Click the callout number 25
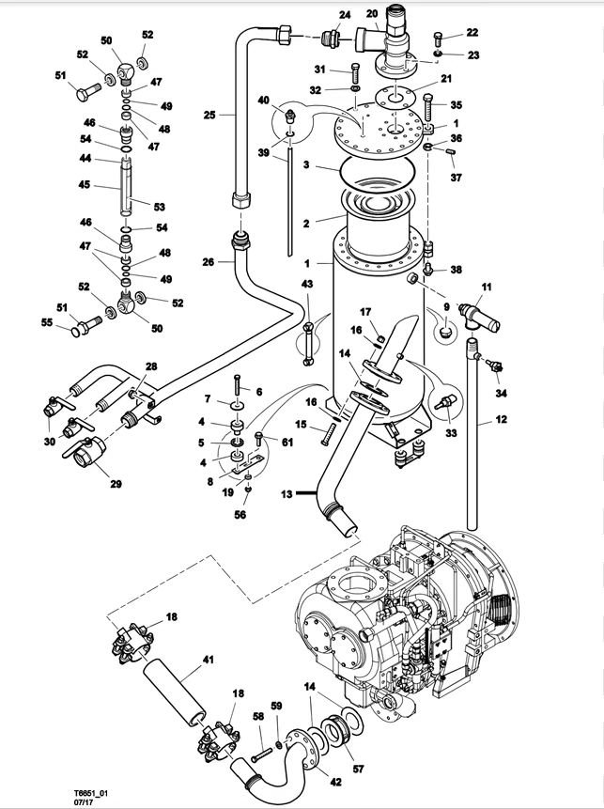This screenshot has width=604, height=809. coord(209,115)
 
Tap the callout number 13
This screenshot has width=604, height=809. coord(287,493)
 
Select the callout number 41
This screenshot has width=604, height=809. coord(209,660)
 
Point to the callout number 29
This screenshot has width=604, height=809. coord(116,484)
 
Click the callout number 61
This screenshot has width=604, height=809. coord(287,443)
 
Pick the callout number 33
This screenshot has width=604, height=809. coord(451,433)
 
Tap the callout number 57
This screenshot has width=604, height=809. coord(358,769)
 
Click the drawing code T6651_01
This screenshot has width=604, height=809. coord(90,793)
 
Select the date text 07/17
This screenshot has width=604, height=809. coord(81,802)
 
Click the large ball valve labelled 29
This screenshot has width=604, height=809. coord(85,452)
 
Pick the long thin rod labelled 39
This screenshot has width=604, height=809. coord(290,202)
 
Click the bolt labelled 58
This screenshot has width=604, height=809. coord(262,755)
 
